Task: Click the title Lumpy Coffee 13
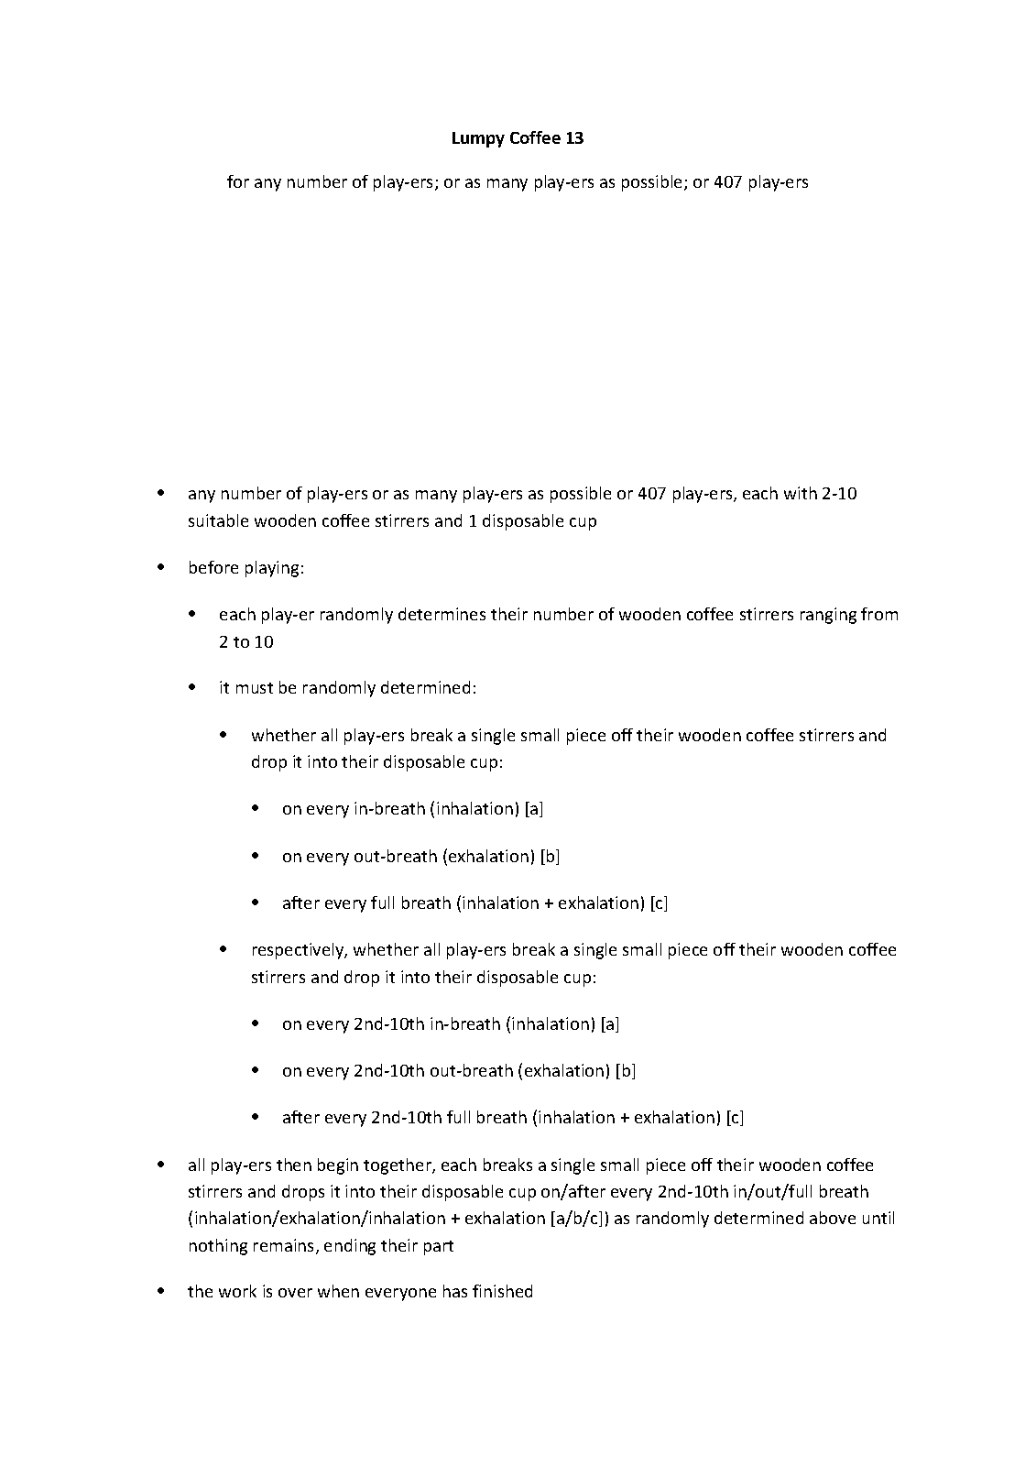[518, 138]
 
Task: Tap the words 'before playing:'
[245, 568]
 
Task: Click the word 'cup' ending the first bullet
[583, 521]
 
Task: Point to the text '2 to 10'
[245, 642]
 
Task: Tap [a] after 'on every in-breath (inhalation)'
[535, 809]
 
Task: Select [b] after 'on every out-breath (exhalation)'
[550, 857]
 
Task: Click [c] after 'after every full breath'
[659, 903]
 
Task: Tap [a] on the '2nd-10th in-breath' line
[610, 1024]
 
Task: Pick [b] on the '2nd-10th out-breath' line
[626, 1071]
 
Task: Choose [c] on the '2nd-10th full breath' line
[735, 1118]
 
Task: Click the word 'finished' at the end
[502, 1292]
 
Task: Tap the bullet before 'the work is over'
[161, 1291]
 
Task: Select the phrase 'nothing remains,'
[245, 1246]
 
